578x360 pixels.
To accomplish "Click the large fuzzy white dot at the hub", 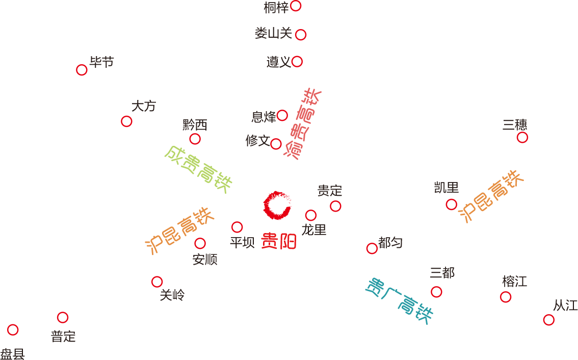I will click(x=278, y=204).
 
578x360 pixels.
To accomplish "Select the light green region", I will click(x=183, y=171).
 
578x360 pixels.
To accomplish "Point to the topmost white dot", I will click(x=295, y=6).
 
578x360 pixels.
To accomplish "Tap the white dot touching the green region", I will click(x=195, y=139).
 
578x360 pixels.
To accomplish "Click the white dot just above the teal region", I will click(x=372, y=248).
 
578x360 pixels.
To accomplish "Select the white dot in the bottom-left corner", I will click(x=13, y=330).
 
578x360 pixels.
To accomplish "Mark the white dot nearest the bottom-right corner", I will click(x=548, y=320).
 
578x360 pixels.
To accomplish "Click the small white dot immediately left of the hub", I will click(x=237, y=227).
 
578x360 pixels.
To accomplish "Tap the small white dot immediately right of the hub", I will click(x=311, y=215).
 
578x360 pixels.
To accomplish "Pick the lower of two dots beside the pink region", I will click(x=276, y=144).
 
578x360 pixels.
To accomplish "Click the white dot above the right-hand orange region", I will click(x=522, y=137).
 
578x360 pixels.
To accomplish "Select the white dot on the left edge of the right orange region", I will click(x=451, y=204).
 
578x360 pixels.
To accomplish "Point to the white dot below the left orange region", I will click(x=157, y=281).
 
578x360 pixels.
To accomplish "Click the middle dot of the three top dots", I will click(x=301, y=35).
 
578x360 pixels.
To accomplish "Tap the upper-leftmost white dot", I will click(x=82, y=70).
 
